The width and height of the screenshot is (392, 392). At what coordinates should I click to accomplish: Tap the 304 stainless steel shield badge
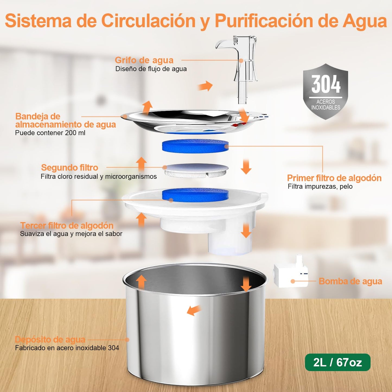point(326,91)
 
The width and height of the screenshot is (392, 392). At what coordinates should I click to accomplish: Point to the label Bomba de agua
point(350,281)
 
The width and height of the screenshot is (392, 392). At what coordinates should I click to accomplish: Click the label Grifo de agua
point(144,60)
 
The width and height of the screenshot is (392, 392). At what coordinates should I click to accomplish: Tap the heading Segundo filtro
point(69,168)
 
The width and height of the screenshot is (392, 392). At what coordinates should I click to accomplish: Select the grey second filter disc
point(195,170)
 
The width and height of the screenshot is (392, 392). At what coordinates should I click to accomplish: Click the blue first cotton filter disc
point(195,145)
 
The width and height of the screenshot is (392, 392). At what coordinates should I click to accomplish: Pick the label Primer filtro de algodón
point(334,178)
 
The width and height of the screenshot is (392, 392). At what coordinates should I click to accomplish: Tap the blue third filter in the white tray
point(195,194)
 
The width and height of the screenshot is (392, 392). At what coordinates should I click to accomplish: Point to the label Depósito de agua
point(50,340)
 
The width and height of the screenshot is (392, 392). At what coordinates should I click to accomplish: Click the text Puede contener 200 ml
point(50,133)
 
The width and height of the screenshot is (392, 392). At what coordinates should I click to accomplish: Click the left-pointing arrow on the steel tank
point(194,310)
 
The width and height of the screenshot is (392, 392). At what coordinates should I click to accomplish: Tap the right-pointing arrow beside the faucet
point(205,86)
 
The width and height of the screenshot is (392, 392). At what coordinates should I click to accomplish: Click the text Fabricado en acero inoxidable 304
point(67,348)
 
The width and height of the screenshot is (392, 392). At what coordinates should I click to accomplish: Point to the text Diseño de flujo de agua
point(151,69)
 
